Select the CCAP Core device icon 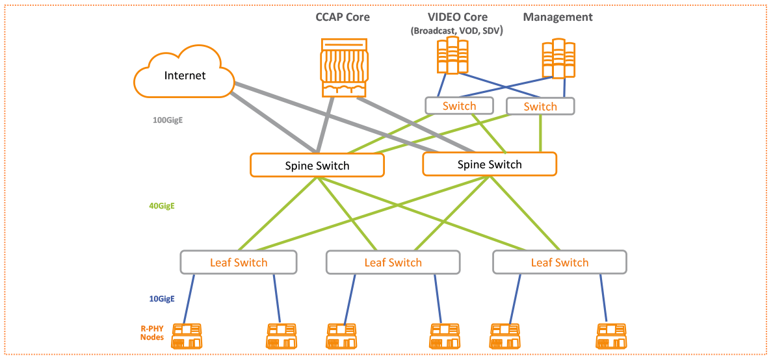click(x=343, y=66)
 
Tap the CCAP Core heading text click(x=343, y=17)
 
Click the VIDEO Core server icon click(x=452, y=55)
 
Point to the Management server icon click(x=558, y=58)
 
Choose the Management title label click(x=558, y=18)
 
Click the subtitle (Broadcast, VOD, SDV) click(x=458, y=31)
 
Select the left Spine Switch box click(x=317, y=165)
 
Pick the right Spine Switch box click(x=490, y=164)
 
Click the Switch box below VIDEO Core click(x=459, y=106)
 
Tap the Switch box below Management click(x=540, y=106)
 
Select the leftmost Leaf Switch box click(x=239, y=262)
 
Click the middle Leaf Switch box click(x=393, y=262)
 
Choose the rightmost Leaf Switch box click(x=559, y=262)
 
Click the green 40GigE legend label click(x=162, y=206)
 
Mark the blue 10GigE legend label click(x=162, y=299)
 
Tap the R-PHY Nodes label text click(x=152, y=333)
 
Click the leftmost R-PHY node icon click(x=187, y=336)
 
